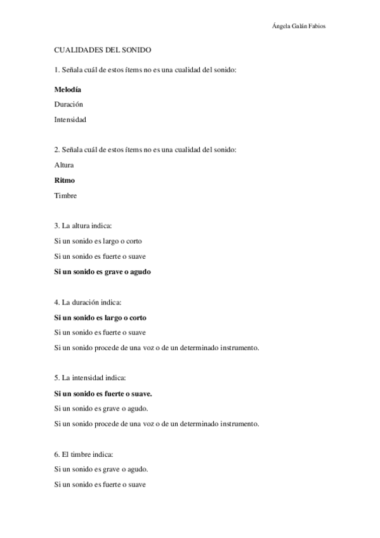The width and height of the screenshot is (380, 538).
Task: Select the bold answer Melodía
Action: (x=68, y=89)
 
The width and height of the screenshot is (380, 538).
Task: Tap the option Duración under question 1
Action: (x=69, y=104)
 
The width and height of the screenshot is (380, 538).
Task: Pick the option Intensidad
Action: (x=70, y=119)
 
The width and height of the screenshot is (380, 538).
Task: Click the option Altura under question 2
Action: (x=65, y=165)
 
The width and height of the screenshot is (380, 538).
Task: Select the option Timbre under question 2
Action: (x=66, y=195)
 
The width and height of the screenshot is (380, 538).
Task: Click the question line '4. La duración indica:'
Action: (x=88, y=302)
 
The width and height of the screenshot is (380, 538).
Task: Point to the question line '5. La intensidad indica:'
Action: (x=90, y=378)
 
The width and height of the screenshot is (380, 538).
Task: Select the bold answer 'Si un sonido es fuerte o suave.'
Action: (x=106, y=393)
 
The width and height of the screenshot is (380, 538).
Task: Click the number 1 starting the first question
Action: (x=56, y=69)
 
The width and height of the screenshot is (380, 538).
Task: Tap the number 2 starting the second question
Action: (x=56, y=150)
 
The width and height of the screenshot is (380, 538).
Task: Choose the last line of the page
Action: (x=100, y=485)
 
